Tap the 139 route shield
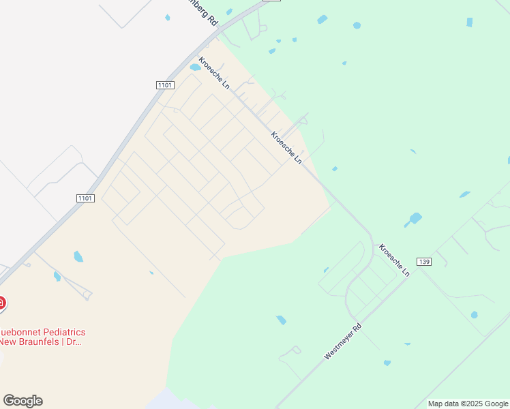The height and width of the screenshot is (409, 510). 424,262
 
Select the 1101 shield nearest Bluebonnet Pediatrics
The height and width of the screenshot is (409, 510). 85,198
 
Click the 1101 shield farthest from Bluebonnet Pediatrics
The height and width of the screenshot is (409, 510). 164,85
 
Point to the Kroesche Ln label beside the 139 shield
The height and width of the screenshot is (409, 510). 394,260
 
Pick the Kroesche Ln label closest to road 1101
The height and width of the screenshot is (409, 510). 214,73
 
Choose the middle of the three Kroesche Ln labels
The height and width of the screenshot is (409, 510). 286,147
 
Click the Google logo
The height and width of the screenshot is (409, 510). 22,401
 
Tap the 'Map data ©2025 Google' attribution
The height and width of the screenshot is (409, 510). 468,404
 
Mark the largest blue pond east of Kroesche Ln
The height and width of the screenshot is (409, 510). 413,219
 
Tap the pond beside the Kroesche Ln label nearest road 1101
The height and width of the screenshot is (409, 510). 195,67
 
